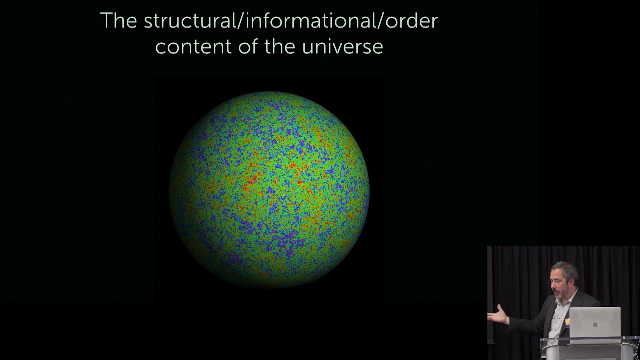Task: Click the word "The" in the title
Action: pyautogui.click(x=118, y=21)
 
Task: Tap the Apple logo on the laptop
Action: pyautogui.click(x=595, y=324)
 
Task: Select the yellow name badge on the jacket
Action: pyautogui.click(x=567, y=321)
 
